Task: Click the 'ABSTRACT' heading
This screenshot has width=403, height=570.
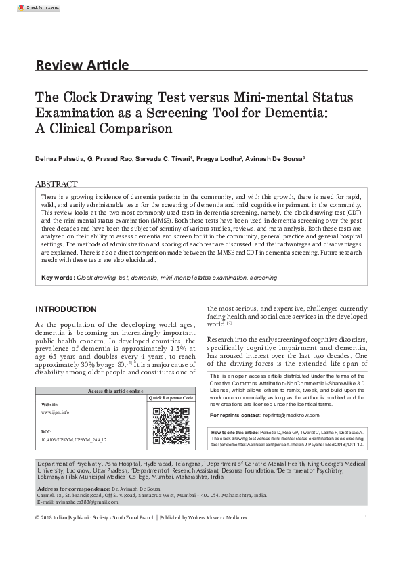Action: [56, 184]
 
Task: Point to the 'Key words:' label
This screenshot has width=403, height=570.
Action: [58, 278]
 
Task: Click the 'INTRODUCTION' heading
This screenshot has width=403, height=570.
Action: [66, 309]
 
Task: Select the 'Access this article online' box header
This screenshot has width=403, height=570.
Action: [116, 391]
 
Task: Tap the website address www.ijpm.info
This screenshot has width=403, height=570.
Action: [55, 412]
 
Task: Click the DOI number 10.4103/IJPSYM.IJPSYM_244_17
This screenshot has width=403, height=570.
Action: [74, 439]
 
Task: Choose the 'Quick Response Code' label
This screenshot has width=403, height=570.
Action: [171, 398]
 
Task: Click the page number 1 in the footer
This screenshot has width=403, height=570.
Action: [365, 518]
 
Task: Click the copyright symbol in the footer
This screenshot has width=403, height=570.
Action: [37, 518]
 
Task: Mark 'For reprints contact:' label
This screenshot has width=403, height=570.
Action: [235, 414]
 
